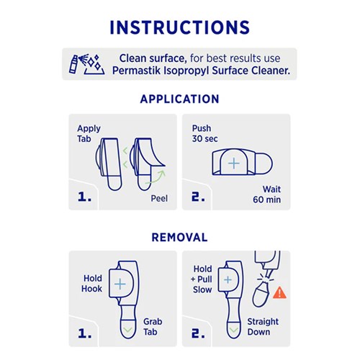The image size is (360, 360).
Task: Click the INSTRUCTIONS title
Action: (179, 27)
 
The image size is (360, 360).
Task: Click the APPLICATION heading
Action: (179, 99)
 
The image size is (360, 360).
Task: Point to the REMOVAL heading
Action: (179, 237)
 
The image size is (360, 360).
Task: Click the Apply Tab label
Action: (89, 134)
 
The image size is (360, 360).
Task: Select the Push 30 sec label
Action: (206, 134)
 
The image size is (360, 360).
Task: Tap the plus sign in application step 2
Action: (233, 163)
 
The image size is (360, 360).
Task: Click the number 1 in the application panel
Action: (84, 196)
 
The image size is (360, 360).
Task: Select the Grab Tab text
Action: (153, 328)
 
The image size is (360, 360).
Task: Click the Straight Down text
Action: (263, 328)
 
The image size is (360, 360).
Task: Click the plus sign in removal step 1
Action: (120, 284)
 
